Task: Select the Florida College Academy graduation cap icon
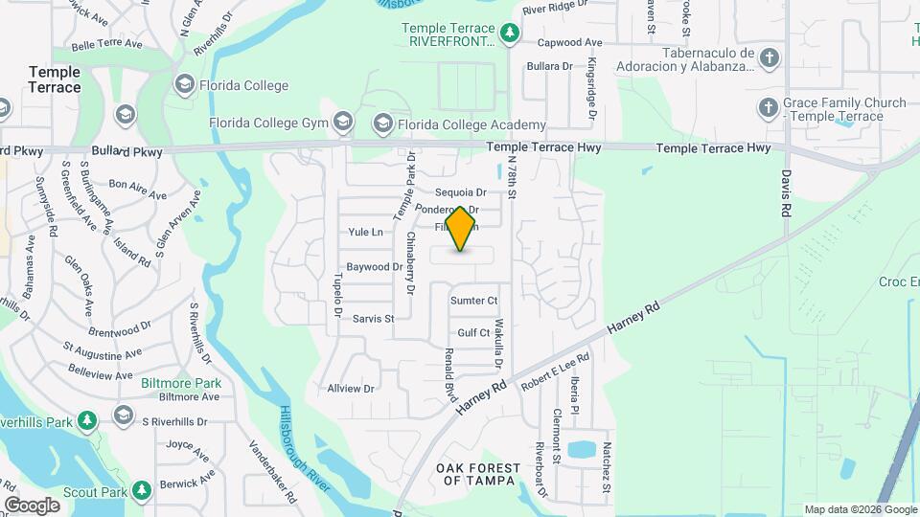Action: [383, 124]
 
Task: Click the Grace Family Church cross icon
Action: [768, 108]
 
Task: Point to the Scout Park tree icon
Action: [142, 490]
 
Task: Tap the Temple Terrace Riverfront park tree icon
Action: [511, 34]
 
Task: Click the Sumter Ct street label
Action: [474, 301]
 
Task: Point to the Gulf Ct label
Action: [473, 332]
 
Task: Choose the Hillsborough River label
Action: [305, 450]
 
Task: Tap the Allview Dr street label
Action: [350, 389]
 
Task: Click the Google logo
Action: [32, 505]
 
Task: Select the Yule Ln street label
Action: [365, 232]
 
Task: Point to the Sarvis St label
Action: [373, 319]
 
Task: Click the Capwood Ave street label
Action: [569, 43]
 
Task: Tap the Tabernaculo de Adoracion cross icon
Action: [770, 59]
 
